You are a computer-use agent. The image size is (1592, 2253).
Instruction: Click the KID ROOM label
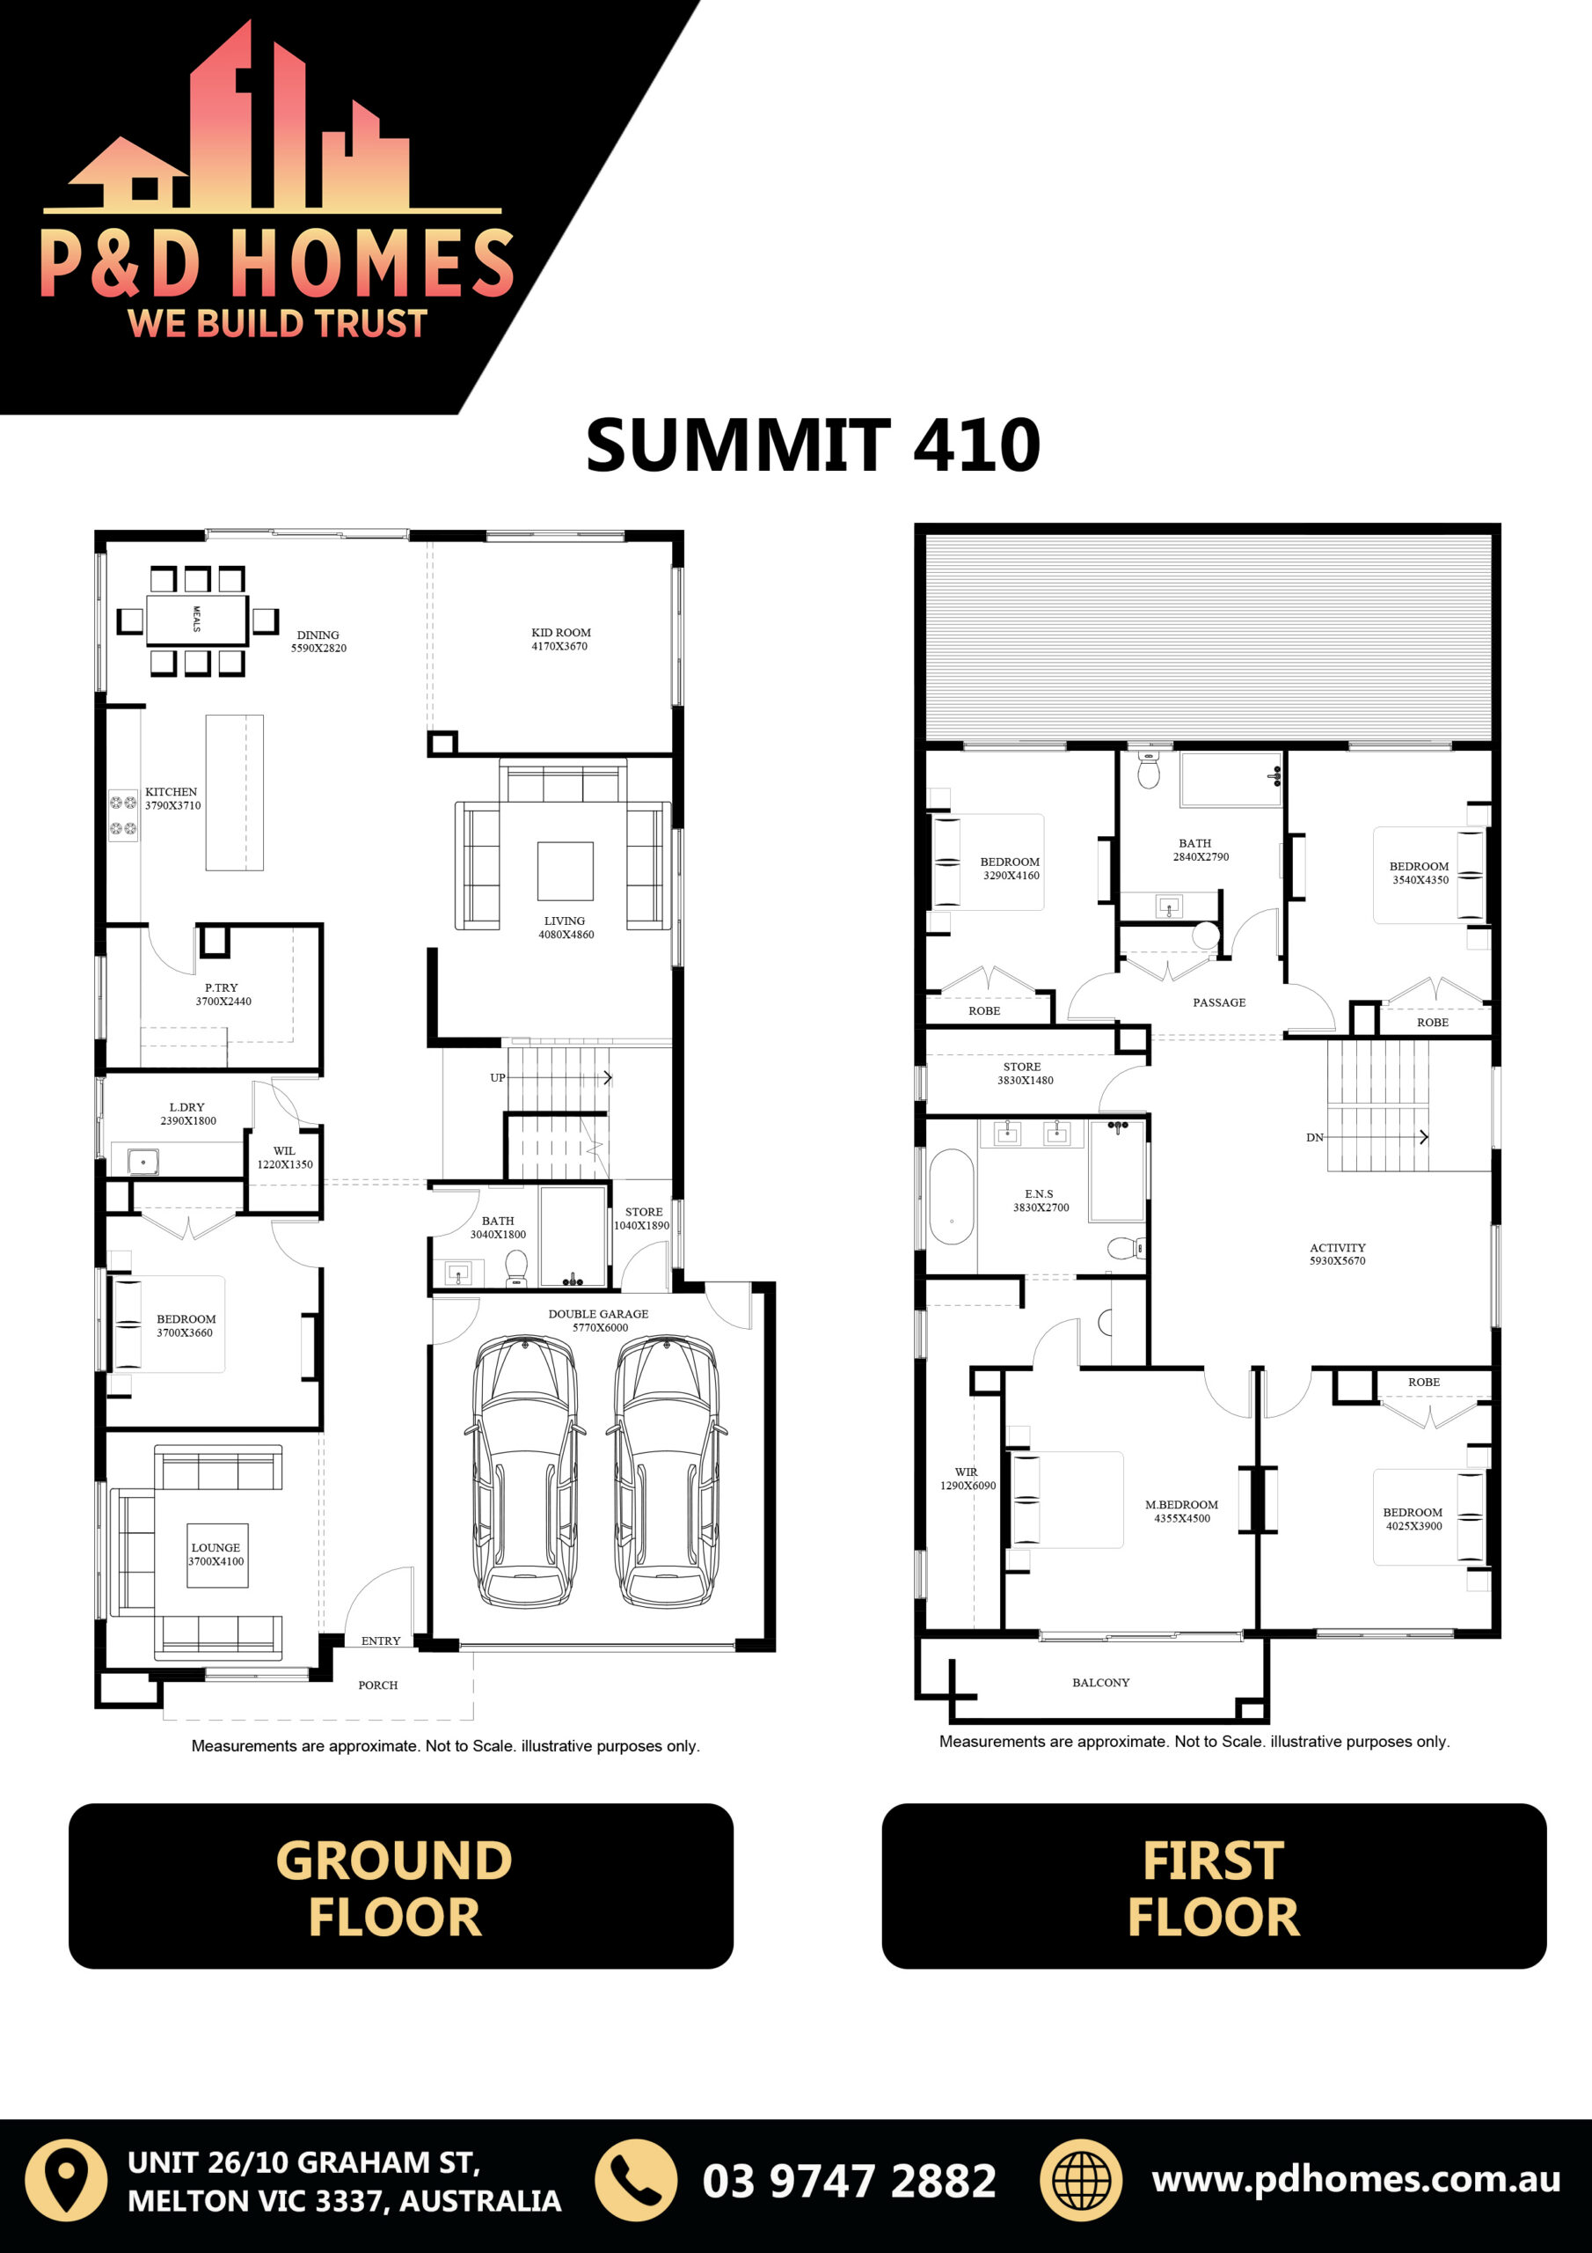click(x=561, y=633)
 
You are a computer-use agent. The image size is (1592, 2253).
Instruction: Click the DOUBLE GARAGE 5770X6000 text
click(x=598, y=1321)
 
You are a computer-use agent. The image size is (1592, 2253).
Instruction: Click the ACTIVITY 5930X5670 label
click(x=1337, y=1254)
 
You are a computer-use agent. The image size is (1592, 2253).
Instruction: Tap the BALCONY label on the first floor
click(x=1100, y=1682)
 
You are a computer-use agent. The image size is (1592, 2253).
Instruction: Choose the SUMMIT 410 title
click(x=814, y=445)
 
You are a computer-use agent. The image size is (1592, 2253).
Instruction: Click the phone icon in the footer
click(x=637, y=2180)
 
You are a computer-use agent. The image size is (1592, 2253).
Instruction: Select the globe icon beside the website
click(x=1081, y=2180)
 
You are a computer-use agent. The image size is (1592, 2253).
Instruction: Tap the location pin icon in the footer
click(x=66, y=2180)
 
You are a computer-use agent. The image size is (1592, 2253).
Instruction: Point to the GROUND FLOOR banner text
click(x=394, y=1888)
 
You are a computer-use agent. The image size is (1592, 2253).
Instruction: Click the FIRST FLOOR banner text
click(x=1214, y=1888)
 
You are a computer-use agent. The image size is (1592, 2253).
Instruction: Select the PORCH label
click(x=377, y=1684)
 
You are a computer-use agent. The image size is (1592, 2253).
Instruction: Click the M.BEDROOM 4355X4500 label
click(x=1182, y=1511)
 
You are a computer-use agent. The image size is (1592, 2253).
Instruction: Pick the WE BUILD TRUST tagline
click(x=278, y=323)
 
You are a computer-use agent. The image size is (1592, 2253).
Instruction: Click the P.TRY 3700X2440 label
click(x=223, y=994)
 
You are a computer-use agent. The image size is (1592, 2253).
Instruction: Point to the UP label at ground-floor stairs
click(x=497, y=1077)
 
